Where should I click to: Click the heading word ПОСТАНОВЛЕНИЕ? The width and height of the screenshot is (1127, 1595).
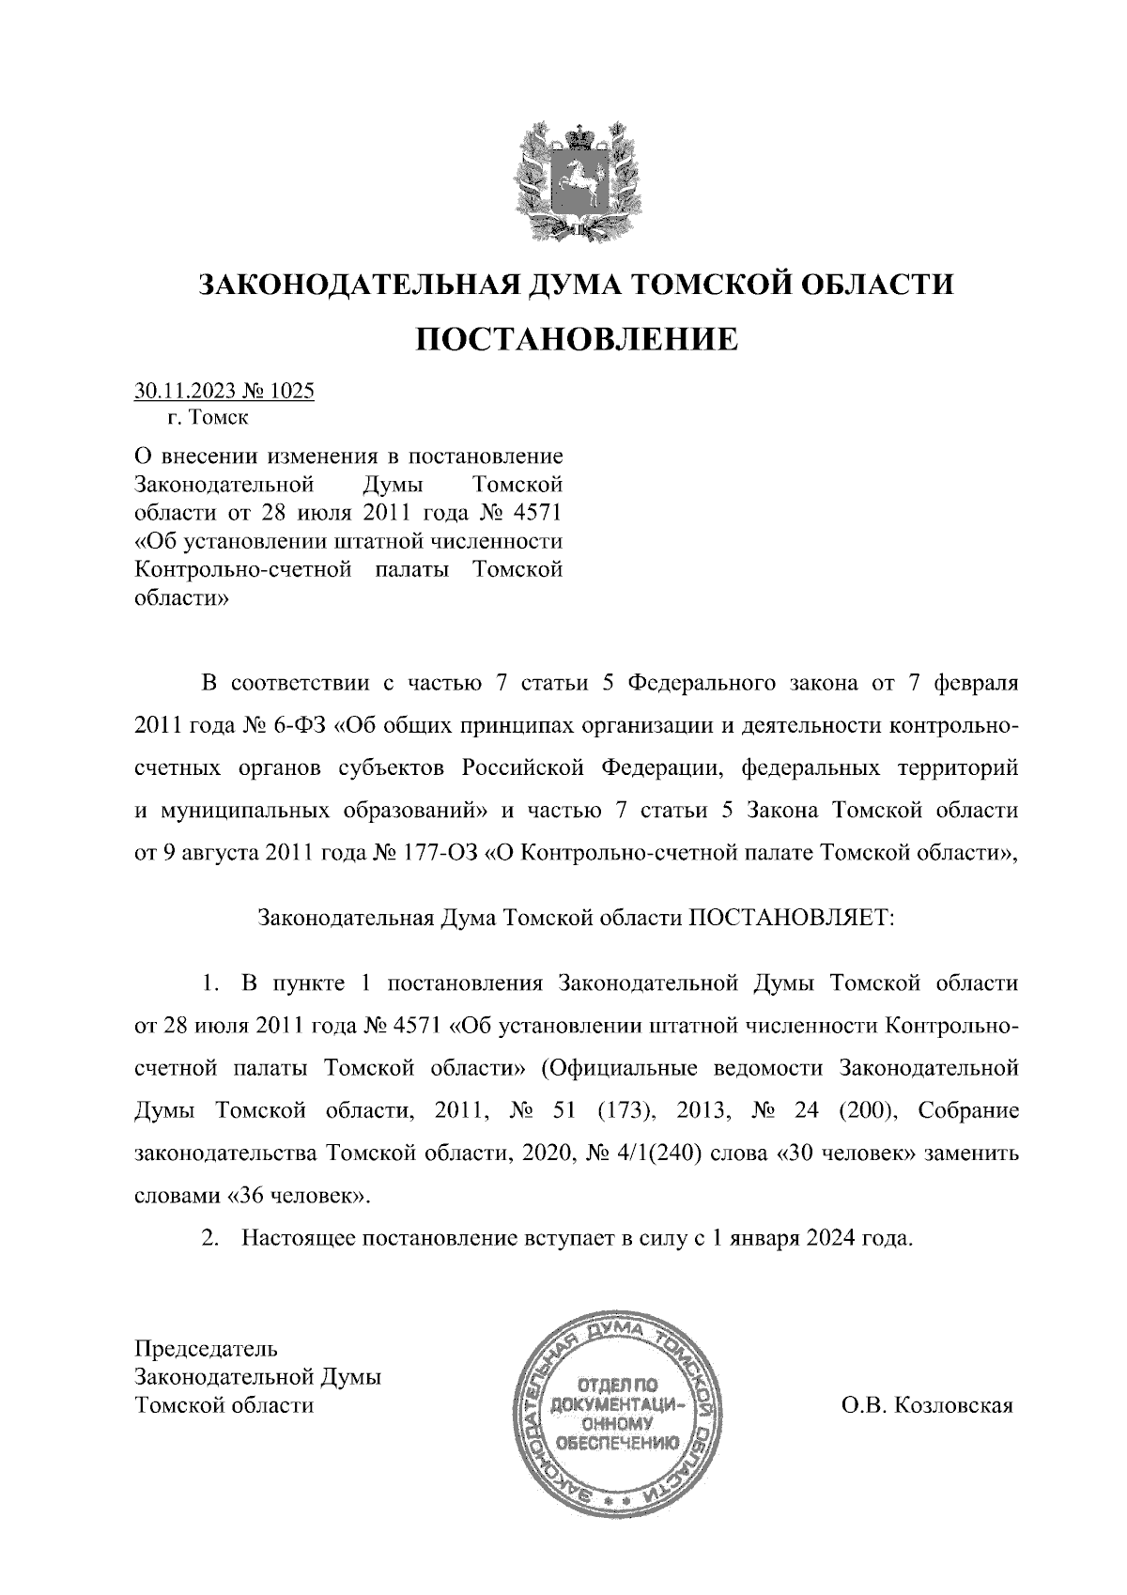point(577,338)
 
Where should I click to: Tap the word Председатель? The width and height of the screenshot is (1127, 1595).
point(207,1350)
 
